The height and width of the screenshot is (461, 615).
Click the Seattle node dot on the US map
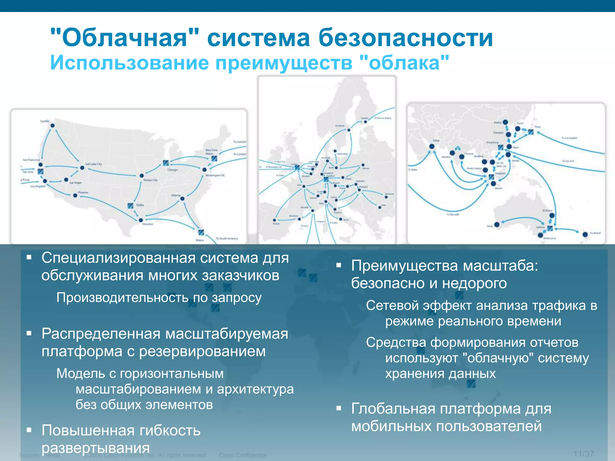(x=53, y=125)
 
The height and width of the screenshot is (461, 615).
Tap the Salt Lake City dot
(x=82, y=168)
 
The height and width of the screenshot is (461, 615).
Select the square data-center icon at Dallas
(x=131, y=206)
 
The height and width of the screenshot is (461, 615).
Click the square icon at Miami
(x=201, y=232)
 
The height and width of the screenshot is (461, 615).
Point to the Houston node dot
(x=141, y=220)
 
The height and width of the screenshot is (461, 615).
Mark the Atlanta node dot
(x=182, y=198)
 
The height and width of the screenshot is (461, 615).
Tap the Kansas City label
(x=150, y=180)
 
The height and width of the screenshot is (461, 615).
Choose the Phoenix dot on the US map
(x=75, y=195)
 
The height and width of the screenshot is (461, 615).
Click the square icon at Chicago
(x=166, y=163)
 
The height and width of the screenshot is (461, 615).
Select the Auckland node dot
(x=585, y=234)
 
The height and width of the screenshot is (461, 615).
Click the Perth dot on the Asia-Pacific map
(x=497, y=224)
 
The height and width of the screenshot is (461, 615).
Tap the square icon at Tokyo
(x=531, y=132)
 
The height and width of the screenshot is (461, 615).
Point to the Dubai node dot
(x=432, y=146)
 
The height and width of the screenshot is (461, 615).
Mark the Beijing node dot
(x=505, y=122)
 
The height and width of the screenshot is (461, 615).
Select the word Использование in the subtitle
(x=129, y=63)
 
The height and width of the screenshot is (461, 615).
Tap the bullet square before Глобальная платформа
(x=339, y=408)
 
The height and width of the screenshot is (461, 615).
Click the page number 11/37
(x=583, y=453)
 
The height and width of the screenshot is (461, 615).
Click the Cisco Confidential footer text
(x=243, y=455)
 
